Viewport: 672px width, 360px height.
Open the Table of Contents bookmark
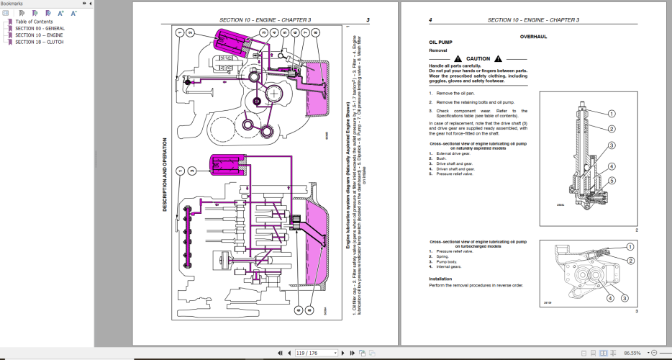tap(34, 22)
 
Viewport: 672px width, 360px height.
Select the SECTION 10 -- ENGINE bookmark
tap(39, 35)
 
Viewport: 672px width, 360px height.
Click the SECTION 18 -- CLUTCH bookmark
tap(39, 42)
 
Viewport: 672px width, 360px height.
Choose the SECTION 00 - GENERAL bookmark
tap(40, 29)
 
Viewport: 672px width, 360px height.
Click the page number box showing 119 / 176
tap(317, 354)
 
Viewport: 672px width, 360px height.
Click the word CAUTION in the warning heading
tap(478, 58)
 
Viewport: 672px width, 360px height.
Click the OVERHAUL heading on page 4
tap(533, 36)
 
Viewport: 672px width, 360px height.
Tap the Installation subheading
tap(442, 278)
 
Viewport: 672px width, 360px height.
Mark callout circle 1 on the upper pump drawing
tap(611, 113)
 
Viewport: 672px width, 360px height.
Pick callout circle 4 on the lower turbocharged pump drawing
tap(609, 297)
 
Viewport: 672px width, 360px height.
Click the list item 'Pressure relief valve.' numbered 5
tap(454, 174)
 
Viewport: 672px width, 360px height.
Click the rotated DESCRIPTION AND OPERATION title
tap(164, 175)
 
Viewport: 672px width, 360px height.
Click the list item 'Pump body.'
tap(448, 261)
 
